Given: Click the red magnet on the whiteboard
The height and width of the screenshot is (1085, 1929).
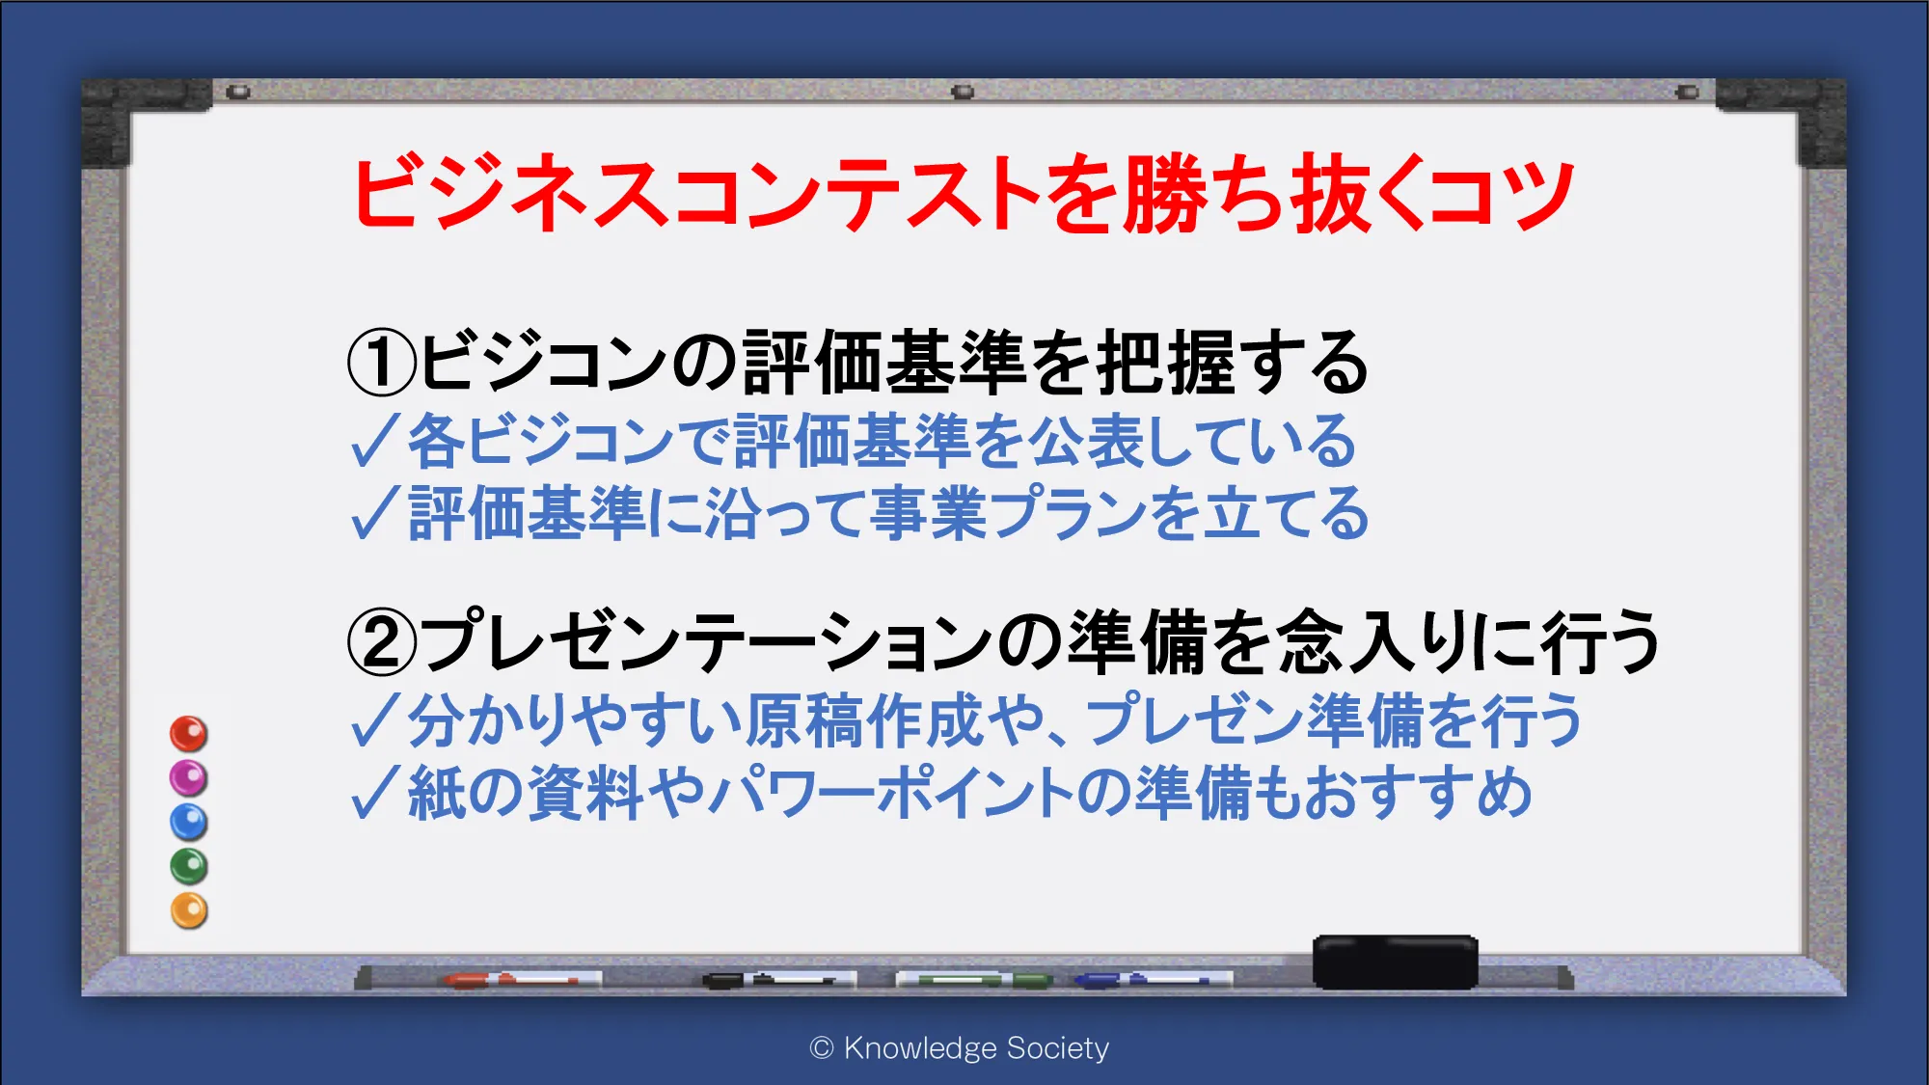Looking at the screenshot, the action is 189,734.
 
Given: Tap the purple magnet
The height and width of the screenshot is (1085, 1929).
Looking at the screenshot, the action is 189,778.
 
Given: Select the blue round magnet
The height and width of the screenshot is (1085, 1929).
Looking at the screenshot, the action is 189,823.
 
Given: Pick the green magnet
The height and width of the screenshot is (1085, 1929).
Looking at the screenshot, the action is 189,867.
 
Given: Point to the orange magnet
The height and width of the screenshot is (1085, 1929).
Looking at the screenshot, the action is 189,911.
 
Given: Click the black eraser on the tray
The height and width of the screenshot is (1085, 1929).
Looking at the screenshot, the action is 1396,962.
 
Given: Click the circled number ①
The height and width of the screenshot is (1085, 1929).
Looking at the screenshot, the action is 382,363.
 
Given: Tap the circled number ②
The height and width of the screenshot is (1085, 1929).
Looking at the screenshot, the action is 382,641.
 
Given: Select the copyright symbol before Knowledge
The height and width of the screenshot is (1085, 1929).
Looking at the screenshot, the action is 822,1048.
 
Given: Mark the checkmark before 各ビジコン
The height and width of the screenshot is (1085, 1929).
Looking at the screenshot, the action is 375,441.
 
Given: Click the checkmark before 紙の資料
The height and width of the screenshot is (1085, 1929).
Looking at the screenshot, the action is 375,793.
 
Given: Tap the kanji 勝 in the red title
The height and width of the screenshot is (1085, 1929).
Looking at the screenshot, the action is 1166,193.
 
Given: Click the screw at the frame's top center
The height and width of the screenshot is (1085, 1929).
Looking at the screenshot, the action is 963,93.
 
